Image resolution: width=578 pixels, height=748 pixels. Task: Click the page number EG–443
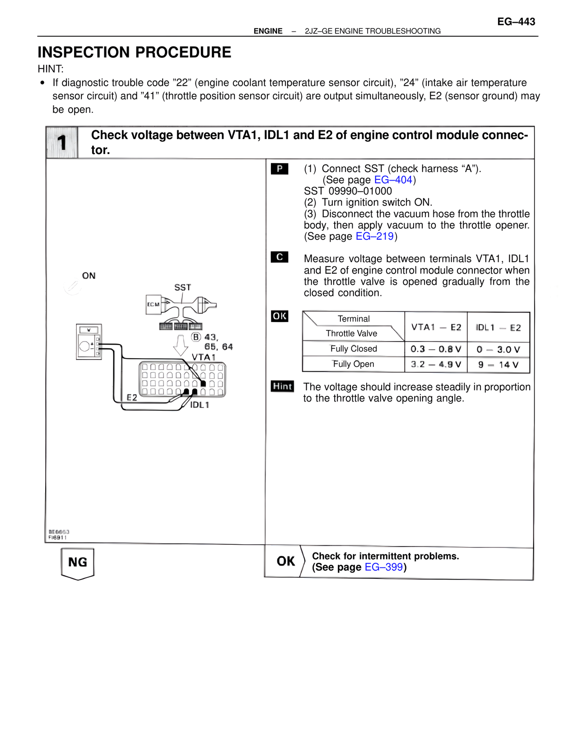coord(516,22)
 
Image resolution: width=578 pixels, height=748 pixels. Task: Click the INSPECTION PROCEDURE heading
coord(134,52)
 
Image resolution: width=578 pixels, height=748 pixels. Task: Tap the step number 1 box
coord(62,143)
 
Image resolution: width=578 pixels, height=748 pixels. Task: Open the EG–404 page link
coord(393,180)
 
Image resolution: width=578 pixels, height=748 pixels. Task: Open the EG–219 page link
coord(374,236)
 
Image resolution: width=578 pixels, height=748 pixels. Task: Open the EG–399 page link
coord(383,567)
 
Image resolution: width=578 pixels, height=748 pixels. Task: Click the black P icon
coord(280,169)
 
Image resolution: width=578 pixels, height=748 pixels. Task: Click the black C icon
coord(280,257)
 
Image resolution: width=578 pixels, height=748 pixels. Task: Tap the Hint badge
coord(282,386)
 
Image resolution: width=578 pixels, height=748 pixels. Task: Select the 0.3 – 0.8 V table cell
coord(436,349)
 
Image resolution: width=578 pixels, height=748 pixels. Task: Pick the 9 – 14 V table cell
coord(498,365)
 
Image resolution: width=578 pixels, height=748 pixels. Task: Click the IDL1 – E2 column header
coord(498,327)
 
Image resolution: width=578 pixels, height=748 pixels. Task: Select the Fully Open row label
coord(353,364)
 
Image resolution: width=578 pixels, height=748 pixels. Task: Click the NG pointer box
coord(78,563)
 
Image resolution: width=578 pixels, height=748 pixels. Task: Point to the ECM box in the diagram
coord(154,304)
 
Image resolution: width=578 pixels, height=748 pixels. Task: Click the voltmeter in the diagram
coord(89,342)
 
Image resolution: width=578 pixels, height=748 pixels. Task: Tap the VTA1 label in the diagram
coord(203,357)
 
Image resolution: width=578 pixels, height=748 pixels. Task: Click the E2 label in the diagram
coord(131,397)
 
